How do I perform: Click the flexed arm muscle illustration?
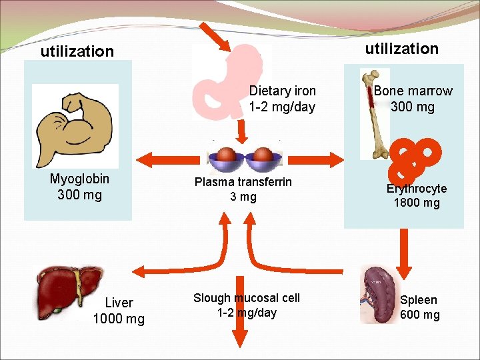75,125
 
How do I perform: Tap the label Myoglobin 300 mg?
79,187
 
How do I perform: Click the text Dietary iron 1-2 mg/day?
282,99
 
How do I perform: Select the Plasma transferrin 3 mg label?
243,189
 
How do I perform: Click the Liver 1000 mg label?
119,311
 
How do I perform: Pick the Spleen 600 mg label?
419,307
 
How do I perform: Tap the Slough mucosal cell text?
247,305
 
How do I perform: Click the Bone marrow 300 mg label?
413,99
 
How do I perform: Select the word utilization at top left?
77,51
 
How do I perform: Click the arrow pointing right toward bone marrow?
314,159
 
